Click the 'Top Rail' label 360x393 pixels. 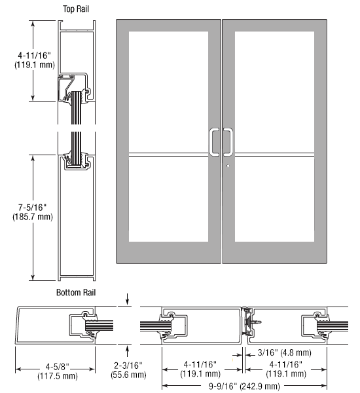[76, 9]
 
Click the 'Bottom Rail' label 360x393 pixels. [76, 293]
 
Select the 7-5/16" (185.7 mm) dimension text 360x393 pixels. [33, 212]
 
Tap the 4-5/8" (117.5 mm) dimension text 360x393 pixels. [58, 371]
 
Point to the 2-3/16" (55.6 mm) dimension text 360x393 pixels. [128, 370]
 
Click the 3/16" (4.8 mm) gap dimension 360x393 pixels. [284, 352]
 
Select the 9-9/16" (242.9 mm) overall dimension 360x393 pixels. [244, 386]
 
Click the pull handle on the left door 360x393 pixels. [213, 142]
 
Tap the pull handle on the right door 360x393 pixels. [228, 142]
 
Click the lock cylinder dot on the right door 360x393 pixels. [228, 166]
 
